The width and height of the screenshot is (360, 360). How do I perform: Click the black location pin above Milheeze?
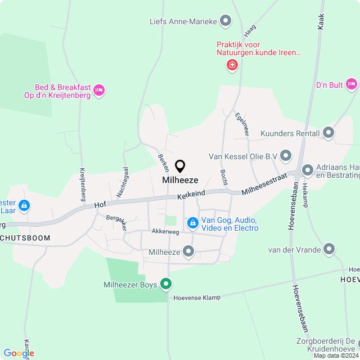(x=180, y=166)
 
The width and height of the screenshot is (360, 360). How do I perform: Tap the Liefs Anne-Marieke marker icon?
(x=226, y=21)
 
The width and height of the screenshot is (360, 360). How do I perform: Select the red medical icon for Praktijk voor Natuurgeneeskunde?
(x=232, y=66)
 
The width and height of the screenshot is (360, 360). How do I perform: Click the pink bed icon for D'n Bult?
(x=352, y=84)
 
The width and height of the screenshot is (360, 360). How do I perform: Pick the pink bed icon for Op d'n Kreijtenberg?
(x=99, y=89)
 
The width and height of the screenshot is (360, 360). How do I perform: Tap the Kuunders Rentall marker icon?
(x=328, y=133)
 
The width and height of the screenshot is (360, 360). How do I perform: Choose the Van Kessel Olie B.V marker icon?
(x=286, y=155)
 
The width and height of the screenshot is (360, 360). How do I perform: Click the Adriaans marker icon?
(x=308, y=169)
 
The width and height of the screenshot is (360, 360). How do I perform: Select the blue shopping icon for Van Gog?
(x=193, y=223)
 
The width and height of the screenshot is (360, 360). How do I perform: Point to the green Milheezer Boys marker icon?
(x=165, y=285)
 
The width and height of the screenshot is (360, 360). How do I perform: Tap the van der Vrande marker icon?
(x=330, y=249)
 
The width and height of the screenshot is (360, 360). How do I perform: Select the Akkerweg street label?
(x=165, y=231)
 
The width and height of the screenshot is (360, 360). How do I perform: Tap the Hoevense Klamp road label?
(x=197, y=297)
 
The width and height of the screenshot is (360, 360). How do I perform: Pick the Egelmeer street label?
(x=242, y=124)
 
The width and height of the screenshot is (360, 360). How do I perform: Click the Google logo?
(x=19, y=353)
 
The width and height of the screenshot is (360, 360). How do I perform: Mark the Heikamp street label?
(x=305, y=195)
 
